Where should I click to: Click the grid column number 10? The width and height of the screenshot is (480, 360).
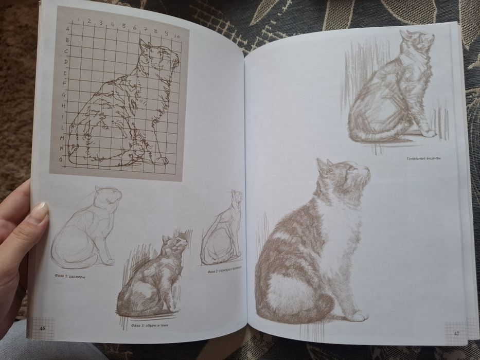176,37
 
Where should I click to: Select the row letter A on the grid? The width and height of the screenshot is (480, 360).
67,30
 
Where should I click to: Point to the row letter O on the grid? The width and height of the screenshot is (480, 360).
61,160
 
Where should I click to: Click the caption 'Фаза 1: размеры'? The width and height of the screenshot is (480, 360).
70,276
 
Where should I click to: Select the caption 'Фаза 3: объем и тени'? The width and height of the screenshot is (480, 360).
150,326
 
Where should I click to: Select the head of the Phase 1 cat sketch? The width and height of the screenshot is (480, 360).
109,196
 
